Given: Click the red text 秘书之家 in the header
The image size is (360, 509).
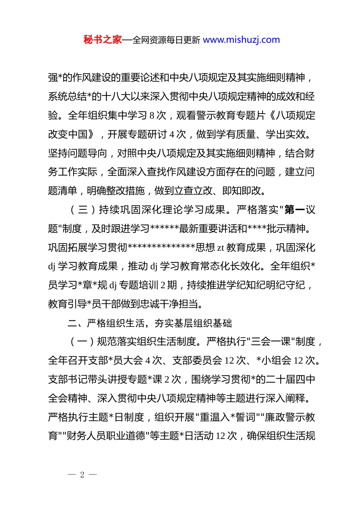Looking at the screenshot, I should pyautogui.click(x=103, y=40).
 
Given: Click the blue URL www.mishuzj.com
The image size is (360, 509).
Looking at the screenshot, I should pyautogui.click(x=241, y=40).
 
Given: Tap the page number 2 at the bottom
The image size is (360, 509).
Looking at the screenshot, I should pyautogui.click(x=82, y=475).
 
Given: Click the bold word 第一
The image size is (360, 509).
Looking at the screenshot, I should pyautogui.click(x=295, y=210).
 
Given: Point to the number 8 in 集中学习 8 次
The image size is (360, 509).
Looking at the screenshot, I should pyautogui.click(x=152, y=116).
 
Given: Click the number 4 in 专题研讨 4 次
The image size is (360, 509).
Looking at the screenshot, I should pyautogui.click(x=172, y=134).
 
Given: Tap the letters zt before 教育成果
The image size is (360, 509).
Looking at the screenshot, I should pyautogui.click(x=221, y=248).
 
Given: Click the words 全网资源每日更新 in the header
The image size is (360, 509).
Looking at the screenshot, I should pyautogui.click(x=166, y=40).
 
